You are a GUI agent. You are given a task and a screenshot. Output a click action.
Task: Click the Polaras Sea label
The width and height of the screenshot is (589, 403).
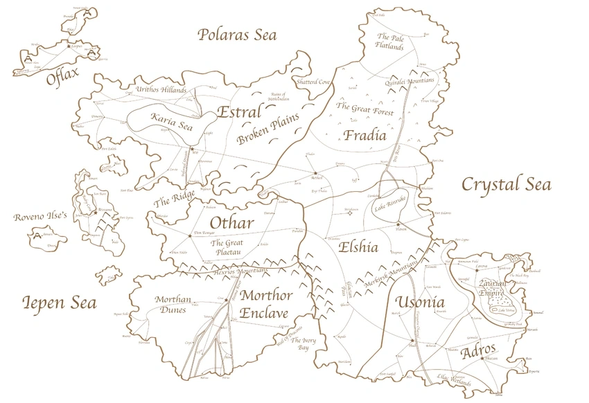tap(236, 35)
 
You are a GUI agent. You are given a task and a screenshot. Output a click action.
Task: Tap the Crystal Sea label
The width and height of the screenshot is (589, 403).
tap(506, 184)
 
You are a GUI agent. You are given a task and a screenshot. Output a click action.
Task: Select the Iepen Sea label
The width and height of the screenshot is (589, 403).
tap(59, 303)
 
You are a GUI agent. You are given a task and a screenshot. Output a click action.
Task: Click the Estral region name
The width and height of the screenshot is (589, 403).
tap(239, 112)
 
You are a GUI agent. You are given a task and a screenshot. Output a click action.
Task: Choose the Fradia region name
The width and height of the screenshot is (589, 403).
tap(364, 135)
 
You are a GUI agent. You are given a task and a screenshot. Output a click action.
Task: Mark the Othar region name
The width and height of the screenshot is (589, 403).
tap(231, 223)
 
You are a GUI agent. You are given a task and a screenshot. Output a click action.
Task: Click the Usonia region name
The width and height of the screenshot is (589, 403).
tap(420, 303)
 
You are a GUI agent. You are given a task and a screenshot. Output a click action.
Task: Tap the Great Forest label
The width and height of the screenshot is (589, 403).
tap(364, 109)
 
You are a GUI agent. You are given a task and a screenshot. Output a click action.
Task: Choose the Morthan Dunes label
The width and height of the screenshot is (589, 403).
tap(173, 305)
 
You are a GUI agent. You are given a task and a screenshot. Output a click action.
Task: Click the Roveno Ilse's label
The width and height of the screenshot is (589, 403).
tap(40, 217)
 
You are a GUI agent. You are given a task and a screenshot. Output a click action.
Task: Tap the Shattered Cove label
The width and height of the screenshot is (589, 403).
tap(314, 82)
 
